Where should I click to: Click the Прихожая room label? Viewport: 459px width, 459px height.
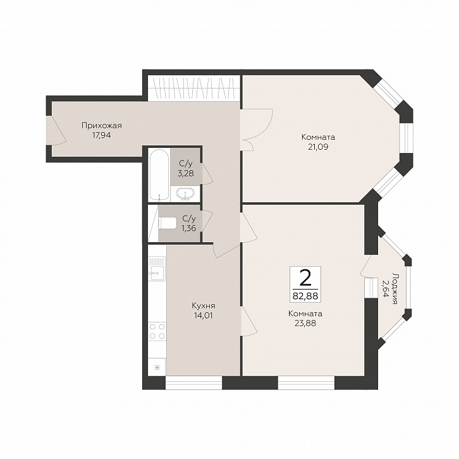pos(102,126)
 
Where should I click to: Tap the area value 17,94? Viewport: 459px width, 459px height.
pos(101,135)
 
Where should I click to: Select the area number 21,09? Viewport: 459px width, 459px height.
pos(318,147)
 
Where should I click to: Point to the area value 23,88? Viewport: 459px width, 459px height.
pos(305,324)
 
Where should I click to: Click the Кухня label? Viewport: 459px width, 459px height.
pos(204,306)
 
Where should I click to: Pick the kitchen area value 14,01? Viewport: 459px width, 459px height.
pos(203,315)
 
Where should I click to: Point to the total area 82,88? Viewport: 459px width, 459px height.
pos(305,296)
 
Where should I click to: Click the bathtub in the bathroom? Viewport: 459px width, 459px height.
pos(159,175)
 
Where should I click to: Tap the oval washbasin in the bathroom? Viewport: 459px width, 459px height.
pos(185,194)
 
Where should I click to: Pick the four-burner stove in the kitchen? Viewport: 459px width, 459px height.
pos(157,331)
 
